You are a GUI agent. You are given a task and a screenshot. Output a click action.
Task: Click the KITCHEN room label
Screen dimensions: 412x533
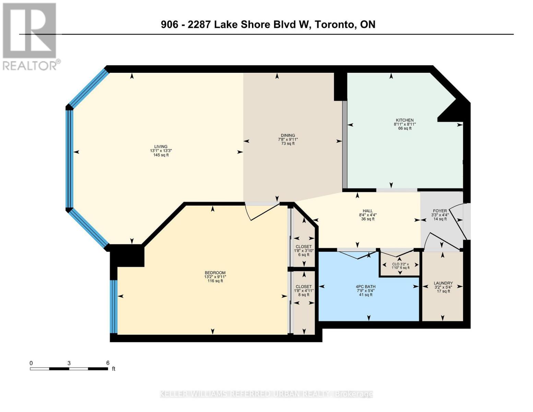tap(405, 120)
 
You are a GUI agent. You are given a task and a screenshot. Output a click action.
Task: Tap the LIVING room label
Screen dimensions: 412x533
tap(161, 147)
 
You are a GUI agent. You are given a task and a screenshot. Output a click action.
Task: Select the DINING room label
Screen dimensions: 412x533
tap(288, 135)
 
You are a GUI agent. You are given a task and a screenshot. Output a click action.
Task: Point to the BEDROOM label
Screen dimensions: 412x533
tap(215, 273)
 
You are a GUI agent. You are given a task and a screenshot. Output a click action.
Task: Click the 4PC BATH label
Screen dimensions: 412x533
tap(366, 287)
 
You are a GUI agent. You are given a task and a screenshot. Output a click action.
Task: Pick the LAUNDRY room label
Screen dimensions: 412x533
tap(443, 283)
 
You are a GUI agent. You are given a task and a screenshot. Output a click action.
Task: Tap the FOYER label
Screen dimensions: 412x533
tap(440, 211)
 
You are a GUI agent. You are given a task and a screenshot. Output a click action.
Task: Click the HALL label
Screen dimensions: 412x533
tap(368, 211)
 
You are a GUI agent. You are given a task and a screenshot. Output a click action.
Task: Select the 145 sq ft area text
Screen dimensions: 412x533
tap(161, 155)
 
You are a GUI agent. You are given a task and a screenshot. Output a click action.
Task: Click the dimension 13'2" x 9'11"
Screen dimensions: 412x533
tap(215, 277)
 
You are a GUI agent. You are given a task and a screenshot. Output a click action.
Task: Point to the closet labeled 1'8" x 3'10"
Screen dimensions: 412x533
tap(304, 251)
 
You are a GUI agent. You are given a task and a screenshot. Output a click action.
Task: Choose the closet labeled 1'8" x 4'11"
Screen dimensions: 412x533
tap(304, 290)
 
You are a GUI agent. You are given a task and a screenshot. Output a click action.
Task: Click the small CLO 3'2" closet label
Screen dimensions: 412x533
tap(400, 266)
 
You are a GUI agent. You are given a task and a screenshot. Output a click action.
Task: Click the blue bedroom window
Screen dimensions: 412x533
tap(114, 307)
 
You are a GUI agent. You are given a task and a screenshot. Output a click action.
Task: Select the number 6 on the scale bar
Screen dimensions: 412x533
tap(108, 363)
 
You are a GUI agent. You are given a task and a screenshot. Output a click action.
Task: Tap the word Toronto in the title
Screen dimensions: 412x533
tap(335, 24)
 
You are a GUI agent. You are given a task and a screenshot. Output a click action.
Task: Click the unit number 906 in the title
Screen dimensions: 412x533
tap(169, 24)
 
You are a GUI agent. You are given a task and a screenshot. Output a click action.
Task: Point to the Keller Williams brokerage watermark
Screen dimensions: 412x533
tap(266, 394)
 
